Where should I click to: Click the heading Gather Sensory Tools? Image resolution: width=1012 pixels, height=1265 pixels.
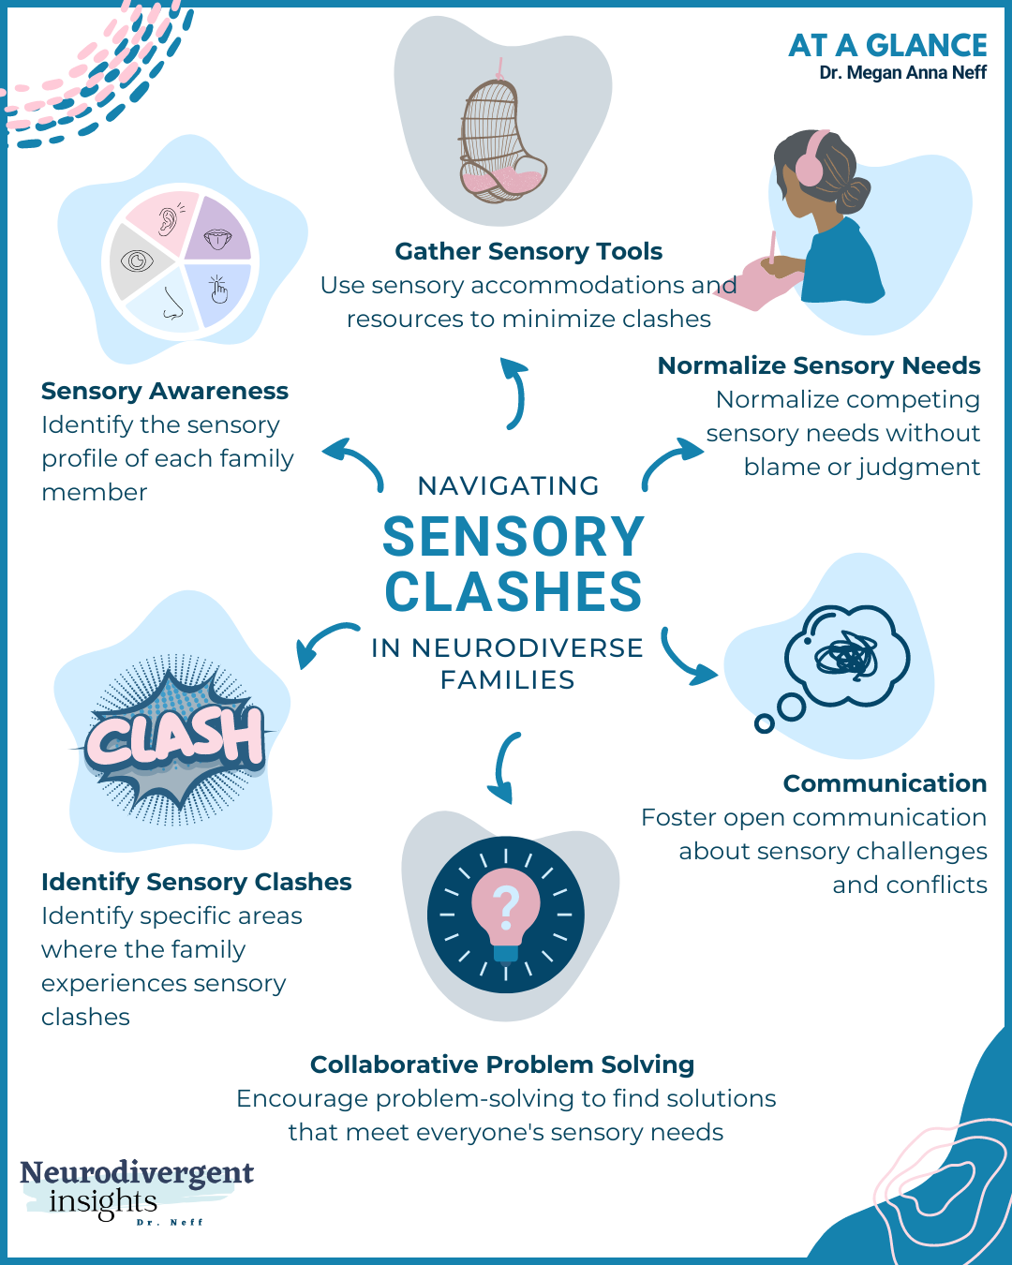(528, 251)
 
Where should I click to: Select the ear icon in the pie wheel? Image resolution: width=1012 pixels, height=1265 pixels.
(167, 221)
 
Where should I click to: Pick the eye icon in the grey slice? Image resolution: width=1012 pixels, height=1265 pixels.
(137, 260)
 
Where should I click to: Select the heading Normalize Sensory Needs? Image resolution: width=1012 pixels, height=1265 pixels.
(818, 365)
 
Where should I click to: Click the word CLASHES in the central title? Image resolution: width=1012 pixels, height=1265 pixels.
(513, 592)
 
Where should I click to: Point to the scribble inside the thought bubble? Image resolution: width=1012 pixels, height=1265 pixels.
(847, 657)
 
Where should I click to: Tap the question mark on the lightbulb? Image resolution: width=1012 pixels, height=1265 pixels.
(506, 906)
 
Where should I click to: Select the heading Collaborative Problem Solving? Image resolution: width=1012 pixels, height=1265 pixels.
(502, 1064)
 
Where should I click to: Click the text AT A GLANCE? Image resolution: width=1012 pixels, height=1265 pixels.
(886, 45)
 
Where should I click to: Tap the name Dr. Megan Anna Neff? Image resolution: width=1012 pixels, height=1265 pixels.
(902, 73)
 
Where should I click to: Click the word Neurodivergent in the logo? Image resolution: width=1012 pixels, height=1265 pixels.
(137, 1172)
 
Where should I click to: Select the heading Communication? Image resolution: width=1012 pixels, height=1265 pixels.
(885, 783)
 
